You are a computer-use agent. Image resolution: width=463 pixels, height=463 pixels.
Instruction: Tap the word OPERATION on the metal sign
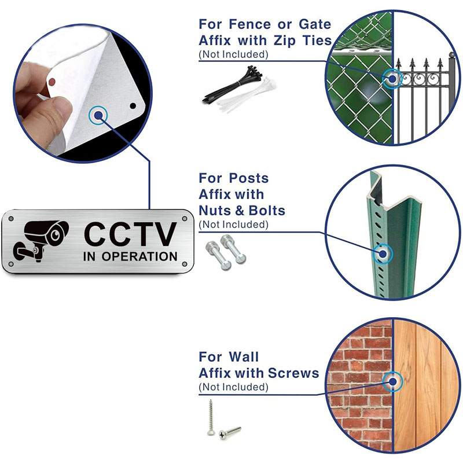[x=139, y=256]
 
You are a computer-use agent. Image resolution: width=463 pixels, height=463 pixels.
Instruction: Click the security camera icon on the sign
[x=41, y=241]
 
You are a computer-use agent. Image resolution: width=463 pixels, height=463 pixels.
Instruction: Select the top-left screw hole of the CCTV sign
[x=11, y=219]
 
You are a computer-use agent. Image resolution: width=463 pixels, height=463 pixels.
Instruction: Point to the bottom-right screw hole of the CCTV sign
[x=185, y=264]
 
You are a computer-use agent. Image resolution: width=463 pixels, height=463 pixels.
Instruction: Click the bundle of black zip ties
[x=232, y=83]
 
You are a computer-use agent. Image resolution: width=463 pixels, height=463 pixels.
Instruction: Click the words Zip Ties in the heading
[x=303, y=41]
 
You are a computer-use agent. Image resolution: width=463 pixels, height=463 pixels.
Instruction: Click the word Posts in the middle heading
[x=249, y=178]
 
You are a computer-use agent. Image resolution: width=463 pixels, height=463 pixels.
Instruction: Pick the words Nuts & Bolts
[x=242, y=211]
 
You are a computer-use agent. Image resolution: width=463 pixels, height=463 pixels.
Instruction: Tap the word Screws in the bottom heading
[x=293, y=373]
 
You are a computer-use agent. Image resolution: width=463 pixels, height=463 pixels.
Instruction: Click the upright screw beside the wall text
[x=210, y=417]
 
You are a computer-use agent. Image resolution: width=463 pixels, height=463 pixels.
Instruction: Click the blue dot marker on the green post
[x=383, y=253]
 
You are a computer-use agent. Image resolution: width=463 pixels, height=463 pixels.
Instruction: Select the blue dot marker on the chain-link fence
[x=392, y=79]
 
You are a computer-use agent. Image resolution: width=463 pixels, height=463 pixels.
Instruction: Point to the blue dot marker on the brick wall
[x=393, y=382]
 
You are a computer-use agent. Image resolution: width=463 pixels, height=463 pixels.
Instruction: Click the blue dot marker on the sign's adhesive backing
[x=98, y=115]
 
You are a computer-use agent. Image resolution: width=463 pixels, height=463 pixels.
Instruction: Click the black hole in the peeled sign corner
[x=133, y=106]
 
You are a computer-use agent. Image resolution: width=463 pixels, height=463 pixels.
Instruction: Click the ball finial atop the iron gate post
[x=452, y=55]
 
